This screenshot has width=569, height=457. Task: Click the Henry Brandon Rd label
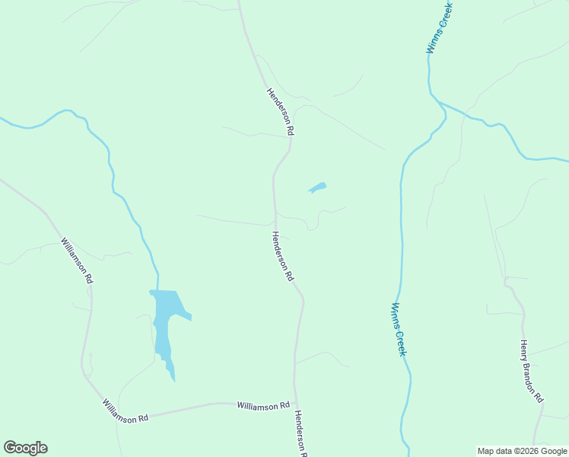531,371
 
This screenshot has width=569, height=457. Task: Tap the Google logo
25,448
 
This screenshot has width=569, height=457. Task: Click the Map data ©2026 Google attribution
523,451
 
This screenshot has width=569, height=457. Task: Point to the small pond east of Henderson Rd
317,187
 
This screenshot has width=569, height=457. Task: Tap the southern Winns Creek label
399,329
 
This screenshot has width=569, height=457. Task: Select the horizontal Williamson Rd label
263,405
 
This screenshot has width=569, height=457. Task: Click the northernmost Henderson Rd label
279,111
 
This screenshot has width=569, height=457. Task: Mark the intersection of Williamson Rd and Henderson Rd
295,403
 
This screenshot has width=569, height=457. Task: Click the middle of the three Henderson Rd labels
282,257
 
